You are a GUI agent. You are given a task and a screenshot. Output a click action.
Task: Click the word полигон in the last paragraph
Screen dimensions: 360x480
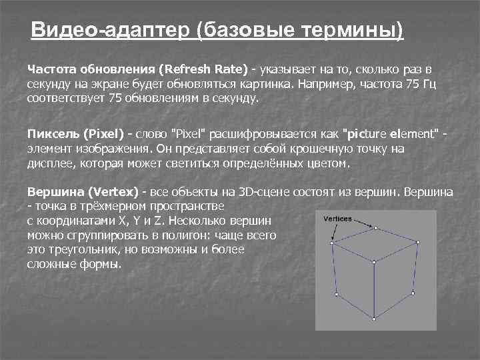(x=175, y=235)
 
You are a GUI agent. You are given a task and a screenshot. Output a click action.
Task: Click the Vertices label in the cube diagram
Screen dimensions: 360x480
(x=337, y=219)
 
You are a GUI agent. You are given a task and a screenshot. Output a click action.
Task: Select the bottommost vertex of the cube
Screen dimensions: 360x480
(x=375, y=319)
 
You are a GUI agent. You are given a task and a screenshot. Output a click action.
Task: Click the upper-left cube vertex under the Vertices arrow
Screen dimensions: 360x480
(x=332, y=243)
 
